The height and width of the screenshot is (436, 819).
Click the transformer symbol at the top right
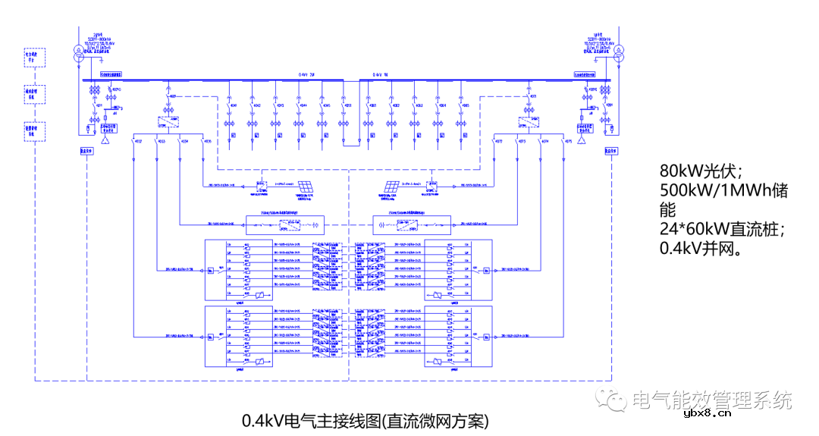[617, 55]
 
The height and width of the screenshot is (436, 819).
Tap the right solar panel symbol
[392, 187]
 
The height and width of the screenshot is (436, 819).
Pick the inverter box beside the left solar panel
[261, 185]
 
